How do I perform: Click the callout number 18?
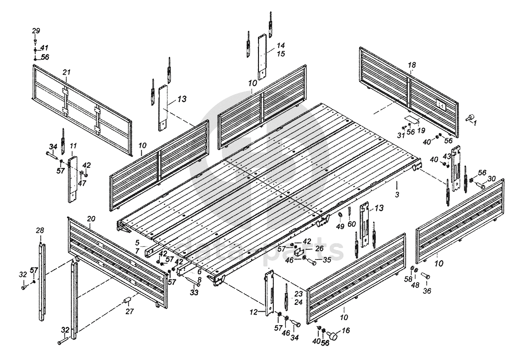412,65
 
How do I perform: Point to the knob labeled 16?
335,337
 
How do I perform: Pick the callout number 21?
66,73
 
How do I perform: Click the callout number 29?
36,31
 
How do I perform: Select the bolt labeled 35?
312,262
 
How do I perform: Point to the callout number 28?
39,230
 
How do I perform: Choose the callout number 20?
91,218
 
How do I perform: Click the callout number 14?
281,45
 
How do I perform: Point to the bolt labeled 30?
481,185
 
